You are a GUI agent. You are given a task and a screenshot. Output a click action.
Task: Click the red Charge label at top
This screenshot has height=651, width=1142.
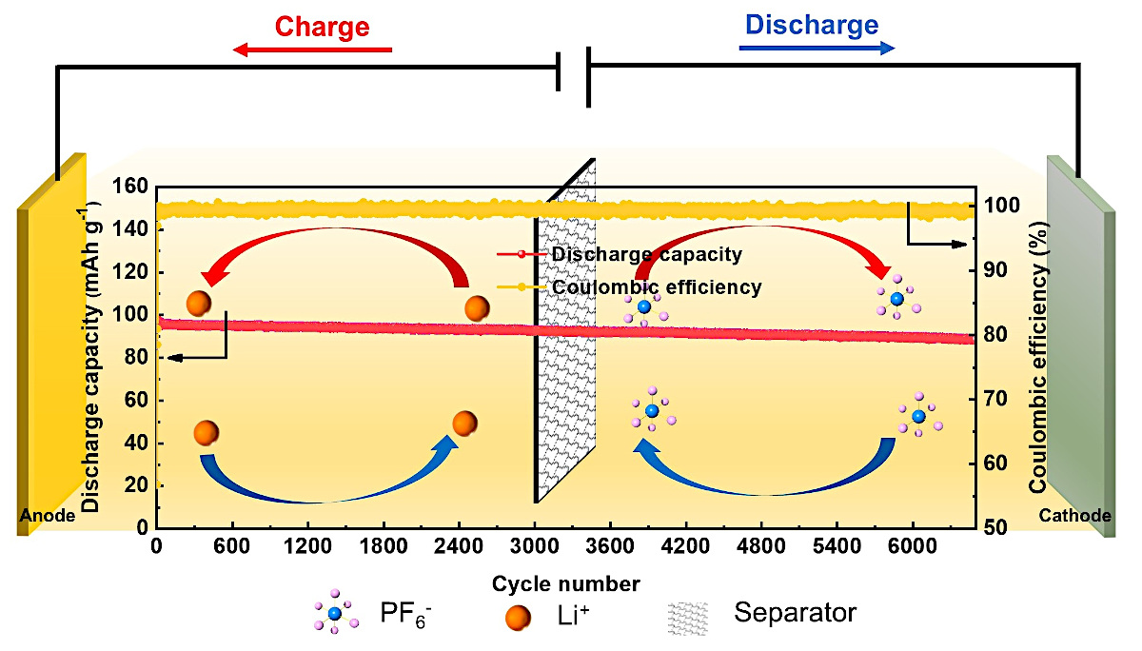[322, 26]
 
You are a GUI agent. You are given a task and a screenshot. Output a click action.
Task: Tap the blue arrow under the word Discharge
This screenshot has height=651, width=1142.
[817, 49]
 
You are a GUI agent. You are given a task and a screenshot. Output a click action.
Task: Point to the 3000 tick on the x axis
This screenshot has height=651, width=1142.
[535, 547]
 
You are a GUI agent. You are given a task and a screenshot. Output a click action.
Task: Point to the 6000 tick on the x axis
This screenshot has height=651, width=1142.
[912, 547]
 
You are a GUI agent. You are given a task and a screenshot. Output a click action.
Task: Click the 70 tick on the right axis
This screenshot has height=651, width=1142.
[996, 399]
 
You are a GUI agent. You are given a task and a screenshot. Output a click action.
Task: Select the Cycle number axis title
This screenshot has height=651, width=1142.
[565, 582]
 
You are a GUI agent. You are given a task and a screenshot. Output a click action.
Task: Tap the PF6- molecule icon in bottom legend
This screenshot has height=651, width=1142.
[334, 614]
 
